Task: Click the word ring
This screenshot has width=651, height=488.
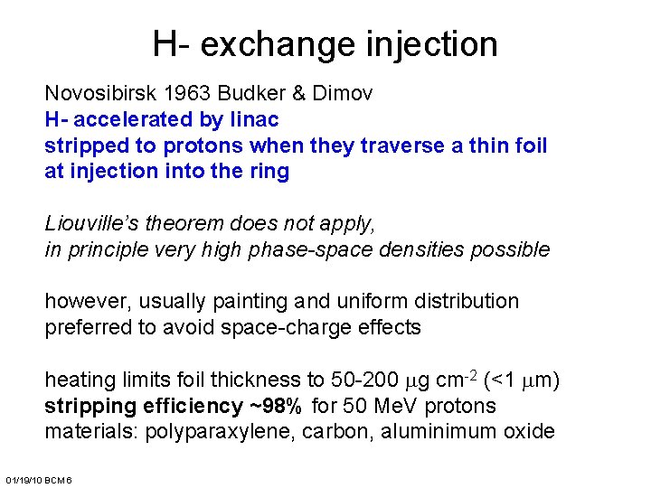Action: pos(270,172)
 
